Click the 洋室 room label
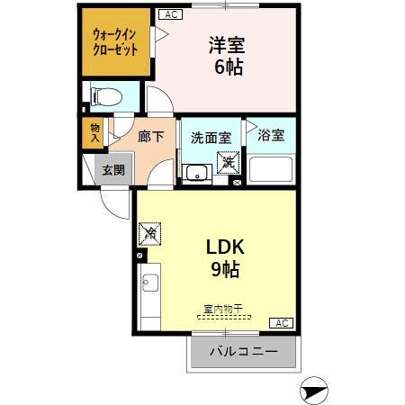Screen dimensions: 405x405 coord(229,44)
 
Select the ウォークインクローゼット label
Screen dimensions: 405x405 coord(115,42)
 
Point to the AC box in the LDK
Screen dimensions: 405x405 coord(281,323)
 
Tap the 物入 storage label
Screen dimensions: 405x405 coord(94,133)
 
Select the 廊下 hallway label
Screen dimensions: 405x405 coord(150,138)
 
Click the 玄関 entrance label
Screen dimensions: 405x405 coord(112,169)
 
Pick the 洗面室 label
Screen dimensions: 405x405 coord(211,139)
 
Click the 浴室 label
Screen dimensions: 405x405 coord(271,136)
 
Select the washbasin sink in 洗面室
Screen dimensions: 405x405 coord(195,172)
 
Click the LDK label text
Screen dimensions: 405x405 coord(227,248)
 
